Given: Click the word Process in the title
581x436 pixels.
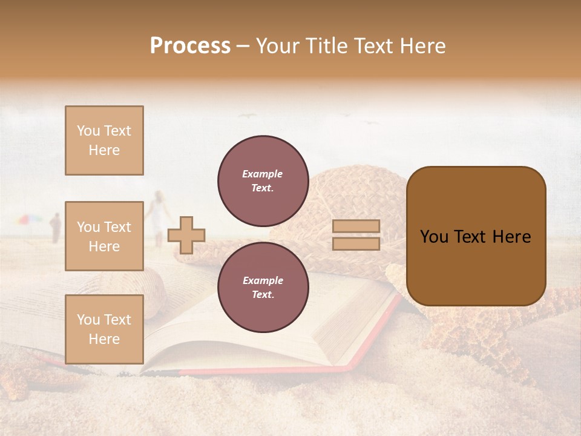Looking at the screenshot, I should click(x=190, y=45).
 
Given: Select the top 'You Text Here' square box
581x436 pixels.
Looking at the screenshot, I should click(x=104, y=140).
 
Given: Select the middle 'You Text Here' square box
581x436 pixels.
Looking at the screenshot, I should click(x=104, y=236).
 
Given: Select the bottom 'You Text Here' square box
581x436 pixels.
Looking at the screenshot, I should click(x=104, y=329).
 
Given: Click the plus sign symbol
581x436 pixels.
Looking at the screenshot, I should click(x=186, y=234).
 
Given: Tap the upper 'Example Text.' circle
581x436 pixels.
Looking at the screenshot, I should click(x=263, y=180).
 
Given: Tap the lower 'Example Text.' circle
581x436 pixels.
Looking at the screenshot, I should click(x=263, y=287).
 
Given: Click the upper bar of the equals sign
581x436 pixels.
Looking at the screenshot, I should click(x=356, y=226).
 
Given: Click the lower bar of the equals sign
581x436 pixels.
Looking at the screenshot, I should click(x=356, y=243).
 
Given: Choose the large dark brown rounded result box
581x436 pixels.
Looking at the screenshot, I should click(x=476, y=236).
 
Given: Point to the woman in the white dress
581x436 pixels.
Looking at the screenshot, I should click(x=159, y=215).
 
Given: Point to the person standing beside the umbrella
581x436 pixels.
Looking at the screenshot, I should click(x=56, y=228).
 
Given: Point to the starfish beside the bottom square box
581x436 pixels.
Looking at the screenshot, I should click(x=18, y=372).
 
